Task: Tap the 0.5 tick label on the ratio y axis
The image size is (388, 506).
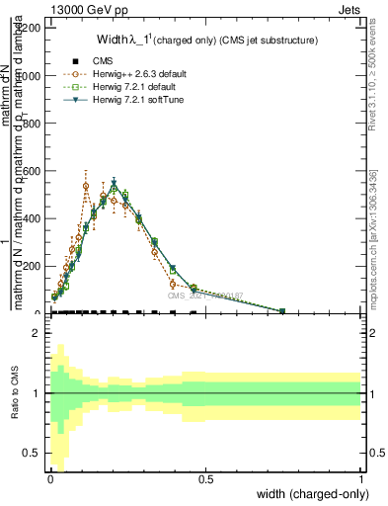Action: (32, 453)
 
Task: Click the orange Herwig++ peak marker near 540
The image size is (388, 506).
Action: (86, 185)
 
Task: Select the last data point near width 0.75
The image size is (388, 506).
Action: (282, 311)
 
